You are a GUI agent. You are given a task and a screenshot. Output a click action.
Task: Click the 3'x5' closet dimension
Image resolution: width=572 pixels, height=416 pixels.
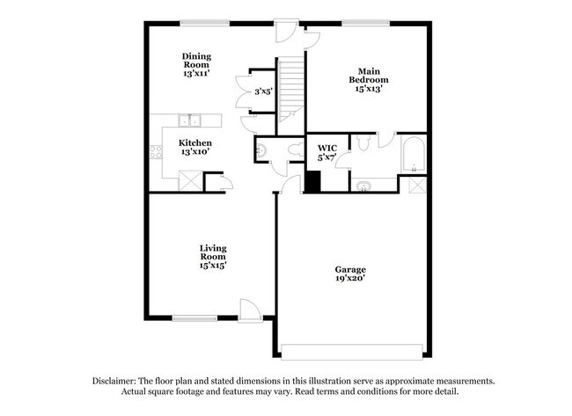(263, 91)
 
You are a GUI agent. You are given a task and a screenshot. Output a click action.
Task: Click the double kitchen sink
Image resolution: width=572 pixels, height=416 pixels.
(191, 121)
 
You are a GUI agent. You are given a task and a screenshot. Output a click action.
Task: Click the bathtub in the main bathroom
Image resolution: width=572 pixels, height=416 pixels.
(412, 155)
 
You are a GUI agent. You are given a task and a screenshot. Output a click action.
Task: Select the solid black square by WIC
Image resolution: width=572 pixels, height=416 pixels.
(312, 182)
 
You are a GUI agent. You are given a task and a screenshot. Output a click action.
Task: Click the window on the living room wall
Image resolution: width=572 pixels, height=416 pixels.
(195, 318)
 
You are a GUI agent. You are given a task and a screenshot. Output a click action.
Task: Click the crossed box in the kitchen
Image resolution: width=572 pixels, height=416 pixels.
(189, 180)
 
